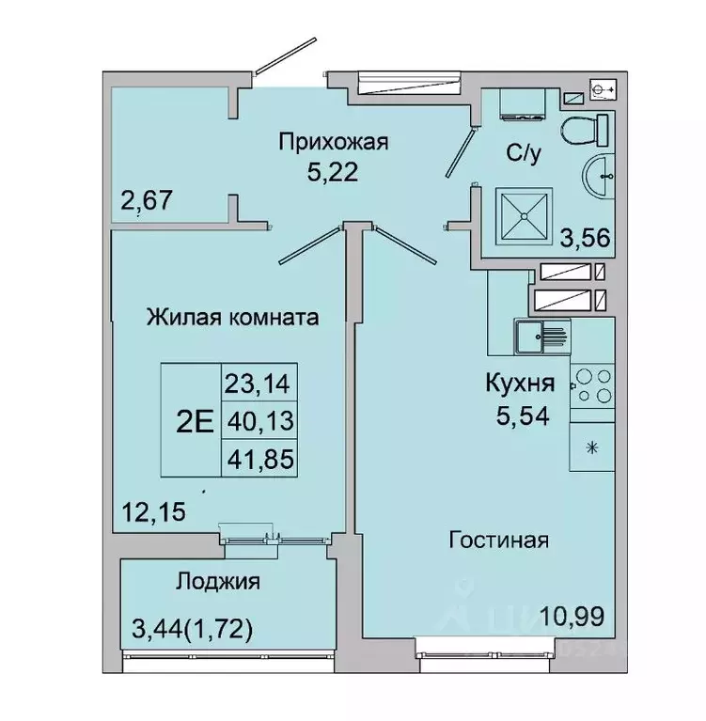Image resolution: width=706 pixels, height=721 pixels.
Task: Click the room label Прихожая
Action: click(333, 142)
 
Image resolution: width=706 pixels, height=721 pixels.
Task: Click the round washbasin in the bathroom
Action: click(599, 176)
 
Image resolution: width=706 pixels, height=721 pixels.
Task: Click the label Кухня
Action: click(519, 383)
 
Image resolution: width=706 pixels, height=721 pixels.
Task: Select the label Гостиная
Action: click(498, 541)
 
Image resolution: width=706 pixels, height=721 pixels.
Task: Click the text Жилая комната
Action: click(231, 318)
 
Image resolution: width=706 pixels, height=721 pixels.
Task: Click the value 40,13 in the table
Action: click(259, 422)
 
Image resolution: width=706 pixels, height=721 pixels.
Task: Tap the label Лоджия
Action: click(217, 582)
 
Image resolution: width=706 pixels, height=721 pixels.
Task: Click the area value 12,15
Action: click(152, 512)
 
